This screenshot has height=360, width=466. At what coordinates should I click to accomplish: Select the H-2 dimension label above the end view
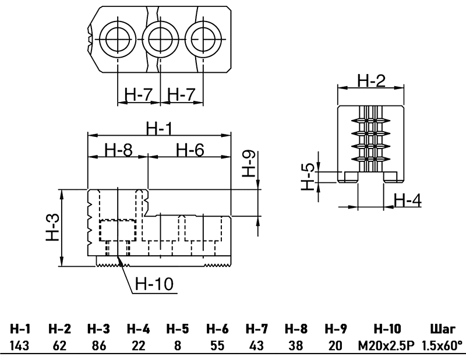371,80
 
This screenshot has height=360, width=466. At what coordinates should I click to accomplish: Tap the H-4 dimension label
407,199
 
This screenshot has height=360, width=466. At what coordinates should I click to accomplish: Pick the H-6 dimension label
190,150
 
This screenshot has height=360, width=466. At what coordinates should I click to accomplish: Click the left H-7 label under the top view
139,94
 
